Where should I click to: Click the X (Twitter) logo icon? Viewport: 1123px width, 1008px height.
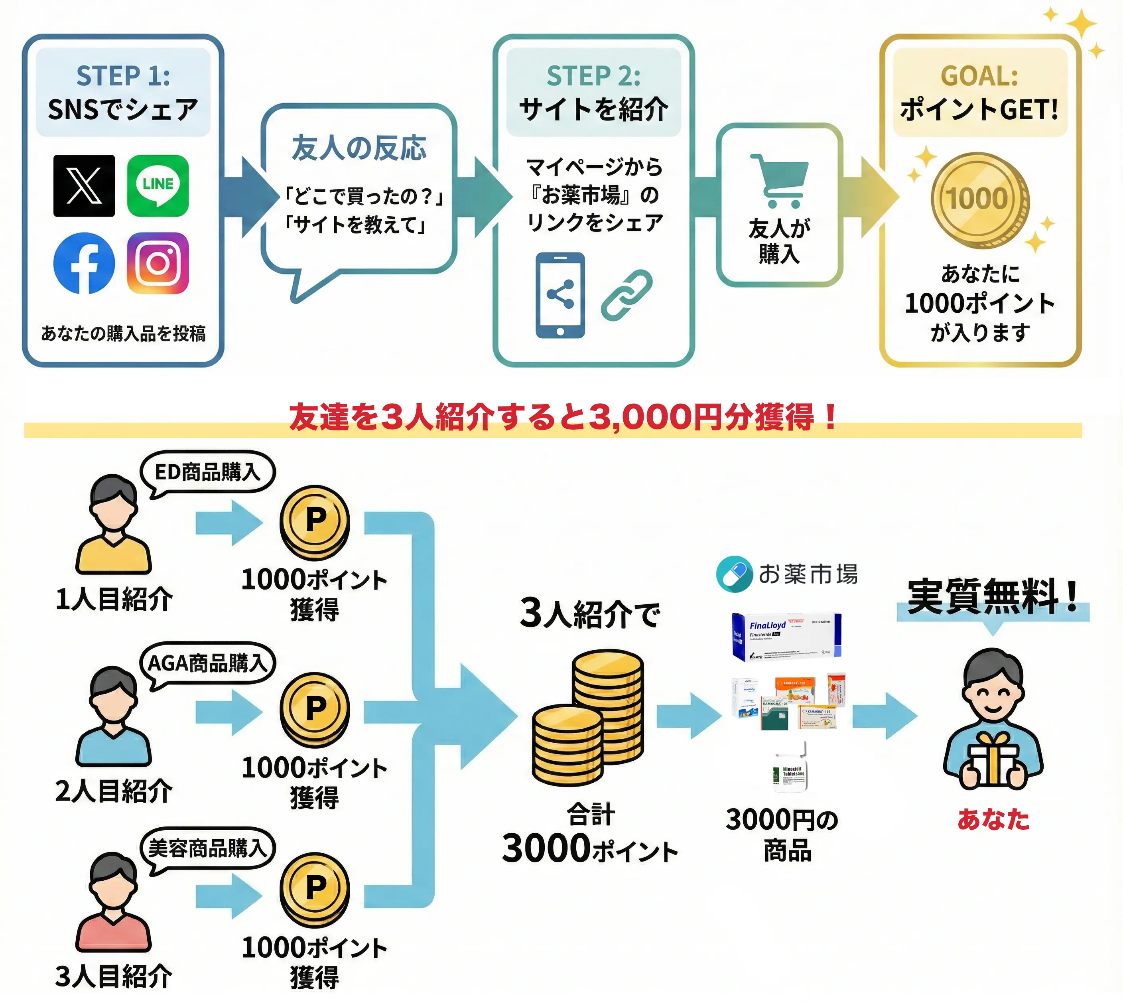[x=84, y=185]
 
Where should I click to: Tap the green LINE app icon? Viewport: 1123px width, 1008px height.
[x=158, y=185]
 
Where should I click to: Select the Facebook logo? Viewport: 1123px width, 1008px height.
[x=84, y=263]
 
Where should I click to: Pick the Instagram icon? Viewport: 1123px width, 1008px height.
[x=158, y=263]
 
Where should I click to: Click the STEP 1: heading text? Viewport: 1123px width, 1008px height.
[x=123, y=76]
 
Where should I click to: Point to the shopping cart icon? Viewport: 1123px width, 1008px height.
[x=780, y=181]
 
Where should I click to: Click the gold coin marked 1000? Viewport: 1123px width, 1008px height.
[x=979, y=200]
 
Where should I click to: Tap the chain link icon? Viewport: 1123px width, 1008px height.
[x=627, y=295]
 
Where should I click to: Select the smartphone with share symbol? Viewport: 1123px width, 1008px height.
[x=560, y=295]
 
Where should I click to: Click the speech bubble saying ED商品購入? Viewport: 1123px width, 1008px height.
[x=207, y=472]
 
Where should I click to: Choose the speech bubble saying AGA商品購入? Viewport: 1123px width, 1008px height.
[x=207, y=663]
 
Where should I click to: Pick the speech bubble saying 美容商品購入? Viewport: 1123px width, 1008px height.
[x=207, y=848]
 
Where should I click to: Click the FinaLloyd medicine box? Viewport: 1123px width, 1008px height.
[x=786, y=637]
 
